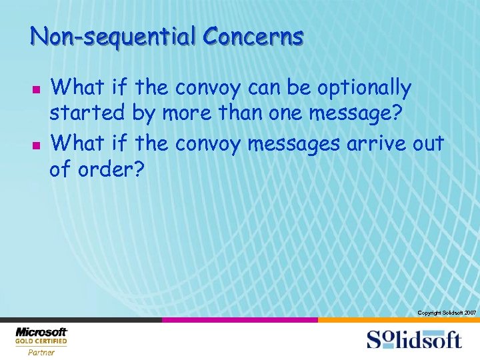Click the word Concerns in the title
253,35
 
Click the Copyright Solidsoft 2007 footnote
446,312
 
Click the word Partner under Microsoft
41,352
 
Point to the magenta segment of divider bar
240,320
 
